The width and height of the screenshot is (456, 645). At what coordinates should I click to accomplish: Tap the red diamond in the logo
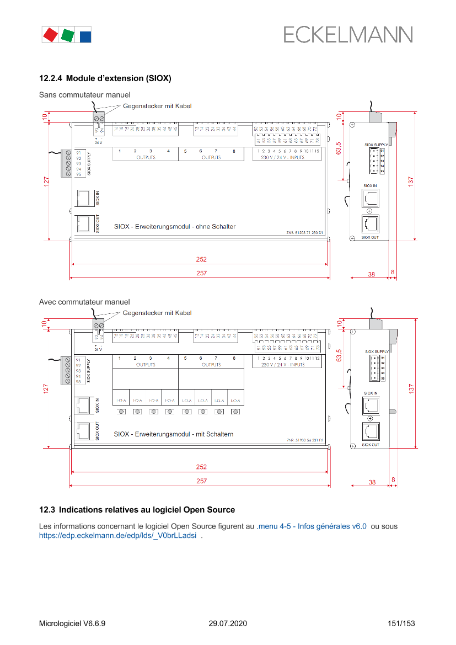[x=50, y=35]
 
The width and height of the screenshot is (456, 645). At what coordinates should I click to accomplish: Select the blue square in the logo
[x=85, y=36]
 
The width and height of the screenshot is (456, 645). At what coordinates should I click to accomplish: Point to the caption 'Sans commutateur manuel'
[x=84, y=95]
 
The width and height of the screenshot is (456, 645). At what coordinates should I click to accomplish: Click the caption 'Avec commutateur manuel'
[x=84, y=302]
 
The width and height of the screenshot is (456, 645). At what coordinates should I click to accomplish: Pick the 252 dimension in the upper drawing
[x=202, y=259]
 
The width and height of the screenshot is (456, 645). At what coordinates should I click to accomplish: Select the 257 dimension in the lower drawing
[x=202, y=481]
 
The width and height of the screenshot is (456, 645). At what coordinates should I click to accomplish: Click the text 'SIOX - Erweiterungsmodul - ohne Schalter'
[x=175, y=227]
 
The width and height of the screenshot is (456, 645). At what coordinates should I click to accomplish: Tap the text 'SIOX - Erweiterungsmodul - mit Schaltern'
[x=174, y=434]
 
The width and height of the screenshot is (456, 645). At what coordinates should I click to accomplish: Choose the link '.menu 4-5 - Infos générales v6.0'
[x=312, y=526]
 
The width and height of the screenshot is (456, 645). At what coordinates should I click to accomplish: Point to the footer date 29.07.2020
[x=228, y=623]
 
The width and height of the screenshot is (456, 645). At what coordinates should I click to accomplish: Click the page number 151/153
[x=401, y=623]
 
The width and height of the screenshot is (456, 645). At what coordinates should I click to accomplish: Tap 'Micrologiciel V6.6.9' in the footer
[x=72, y=623]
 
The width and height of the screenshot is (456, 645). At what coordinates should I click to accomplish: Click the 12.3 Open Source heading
[x=137, y=510]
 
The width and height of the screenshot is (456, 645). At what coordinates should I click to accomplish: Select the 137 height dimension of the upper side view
[x=411, y=182]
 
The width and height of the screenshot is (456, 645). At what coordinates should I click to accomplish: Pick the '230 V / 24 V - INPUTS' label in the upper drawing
[x=283, y=157]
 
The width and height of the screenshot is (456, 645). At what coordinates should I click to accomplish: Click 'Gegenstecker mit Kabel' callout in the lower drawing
[x=157, y=313]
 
